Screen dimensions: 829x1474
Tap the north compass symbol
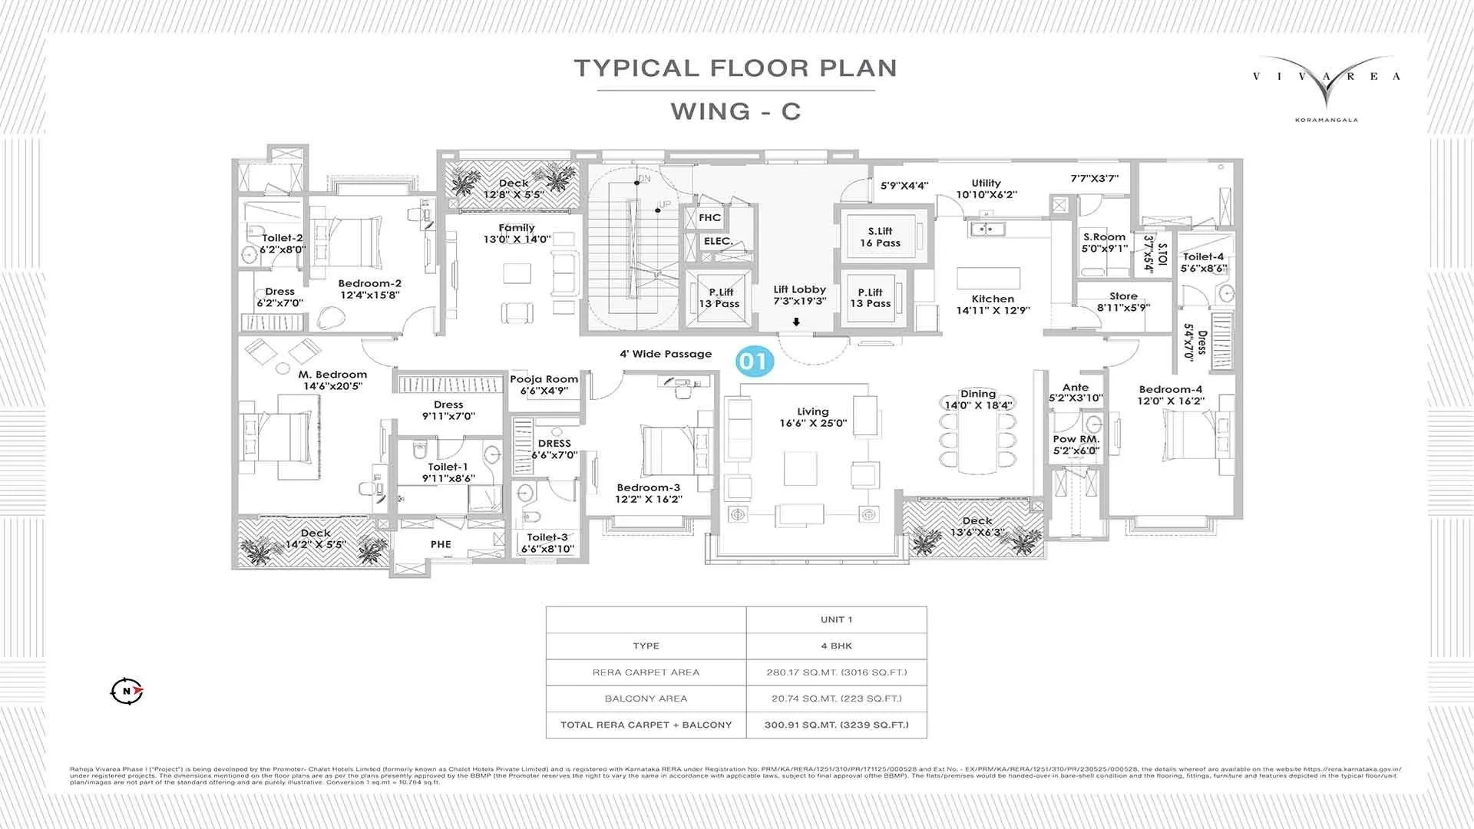[127, 691]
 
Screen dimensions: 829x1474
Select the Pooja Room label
[544, 379]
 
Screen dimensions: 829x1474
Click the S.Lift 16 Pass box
[880, 237]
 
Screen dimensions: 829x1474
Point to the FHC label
[709, 218]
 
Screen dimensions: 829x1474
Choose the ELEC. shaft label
[718, 241]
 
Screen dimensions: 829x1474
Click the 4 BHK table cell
[836, 646]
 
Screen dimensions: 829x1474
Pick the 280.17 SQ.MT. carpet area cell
[836, 672]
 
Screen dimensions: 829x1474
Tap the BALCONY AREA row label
[646, 699]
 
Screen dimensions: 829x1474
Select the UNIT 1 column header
[836, 619]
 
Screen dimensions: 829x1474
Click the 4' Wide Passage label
[666, 355]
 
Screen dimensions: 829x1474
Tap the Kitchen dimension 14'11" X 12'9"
[993, 311]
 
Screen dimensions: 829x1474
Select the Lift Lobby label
[799, 289]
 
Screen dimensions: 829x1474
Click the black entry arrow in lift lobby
[796, 322]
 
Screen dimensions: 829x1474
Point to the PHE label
[441, 544]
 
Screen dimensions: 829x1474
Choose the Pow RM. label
[1076, 440]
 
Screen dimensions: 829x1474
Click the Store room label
[1123, 296]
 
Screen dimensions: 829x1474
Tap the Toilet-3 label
[547, 537]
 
